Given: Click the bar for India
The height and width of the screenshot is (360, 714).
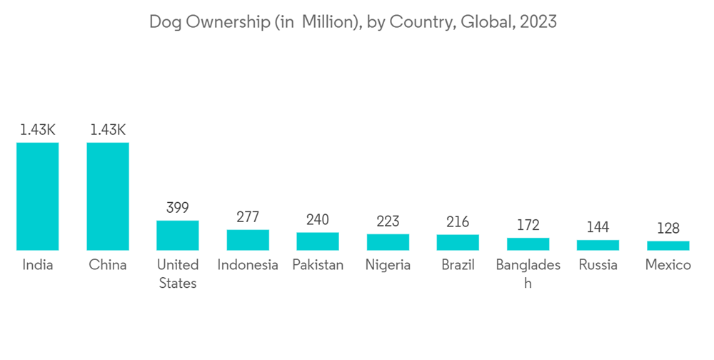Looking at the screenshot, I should [38, 196].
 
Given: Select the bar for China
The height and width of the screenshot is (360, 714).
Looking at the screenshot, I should [108, 196].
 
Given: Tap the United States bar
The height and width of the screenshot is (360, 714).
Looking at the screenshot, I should [178, 235].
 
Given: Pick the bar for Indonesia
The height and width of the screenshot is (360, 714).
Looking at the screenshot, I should [248, 240].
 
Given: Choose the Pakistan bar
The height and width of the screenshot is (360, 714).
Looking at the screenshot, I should [318, 241].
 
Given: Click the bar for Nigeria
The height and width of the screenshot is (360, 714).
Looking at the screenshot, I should [388, 242].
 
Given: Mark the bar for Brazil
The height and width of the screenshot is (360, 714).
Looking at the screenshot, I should [458, 242].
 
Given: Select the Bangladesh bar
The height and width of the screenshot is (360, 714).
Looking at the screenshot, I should [528, 244].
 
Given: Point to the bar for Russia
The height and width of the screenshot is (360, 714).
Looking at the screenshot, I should [598, 245].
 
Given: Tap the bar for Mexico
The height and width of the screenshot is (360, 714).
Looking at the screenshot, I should [668, 246].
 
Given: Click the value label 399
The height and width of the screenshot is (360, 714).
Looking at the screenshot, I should [178, 208].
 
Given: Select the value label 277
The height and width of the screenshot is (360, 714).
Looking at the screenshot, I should [248, 217].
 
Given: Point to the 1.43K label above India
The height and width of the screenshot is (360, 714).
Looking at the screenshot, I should [38, 130].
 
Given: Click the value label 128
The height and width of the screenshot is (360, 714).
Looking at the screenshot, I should [668, 229].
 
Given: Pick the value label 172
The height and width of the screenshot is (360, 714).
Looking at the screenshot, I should [528, 226].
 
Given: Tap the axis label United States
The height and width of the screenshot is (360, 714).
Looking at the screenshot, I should [178, 274].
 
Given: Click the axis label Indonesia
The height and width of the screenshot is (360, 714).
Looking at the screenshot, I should [248, 265].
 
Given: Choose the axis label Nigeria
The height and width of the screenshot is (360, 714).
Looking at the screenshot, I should [388, 265].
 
